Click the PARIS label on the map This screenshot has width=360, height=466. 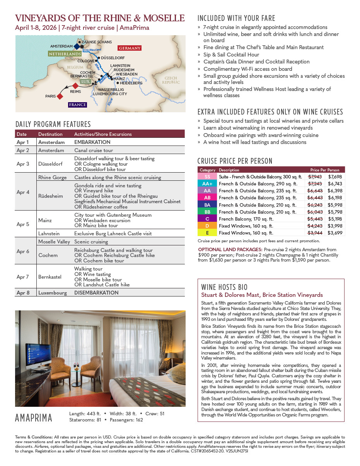pyautogui.click(x=50, y=96)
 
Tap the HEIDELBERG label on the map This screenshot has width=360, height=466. pyautogui.click(x=131, y=83)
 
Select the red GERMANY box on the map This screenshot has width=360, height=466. pyautogui.click(x=130, y=48)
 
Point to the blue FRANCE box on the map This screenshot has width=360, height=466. pyautogui.click(x=77, y=105)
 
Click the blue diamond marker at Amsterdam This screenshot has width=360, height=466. pyautogui.click(x=77, y=46)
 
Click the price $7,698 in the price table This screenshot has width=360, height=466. pyautogui.click(x=335, y=176)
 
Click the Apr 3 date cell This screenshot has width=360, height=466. pyautogui.click(x=23, y=164)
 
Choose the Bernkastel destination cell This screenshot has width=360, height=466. pyautogui.click(x=50, y=277)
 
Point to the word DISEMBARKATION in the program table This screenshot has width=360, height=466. pyautogui.click(x=96, y=293)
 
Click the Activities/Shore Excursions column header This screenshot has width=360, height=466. pyautogui.click(x=103, y=134)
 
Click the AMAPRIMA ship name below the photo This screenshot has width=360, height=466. pyautogui.click(x=34, y=418)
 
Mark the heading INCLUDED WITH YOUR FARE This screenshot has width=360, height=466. pyautogui.click(x=236, y=18)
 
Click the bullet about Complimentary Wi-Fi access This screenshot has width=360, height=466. pyautogui.click(x=247, y=69)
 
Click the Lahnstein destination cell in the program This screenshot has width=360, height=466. pyautogui.click(x=50, y=233)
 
